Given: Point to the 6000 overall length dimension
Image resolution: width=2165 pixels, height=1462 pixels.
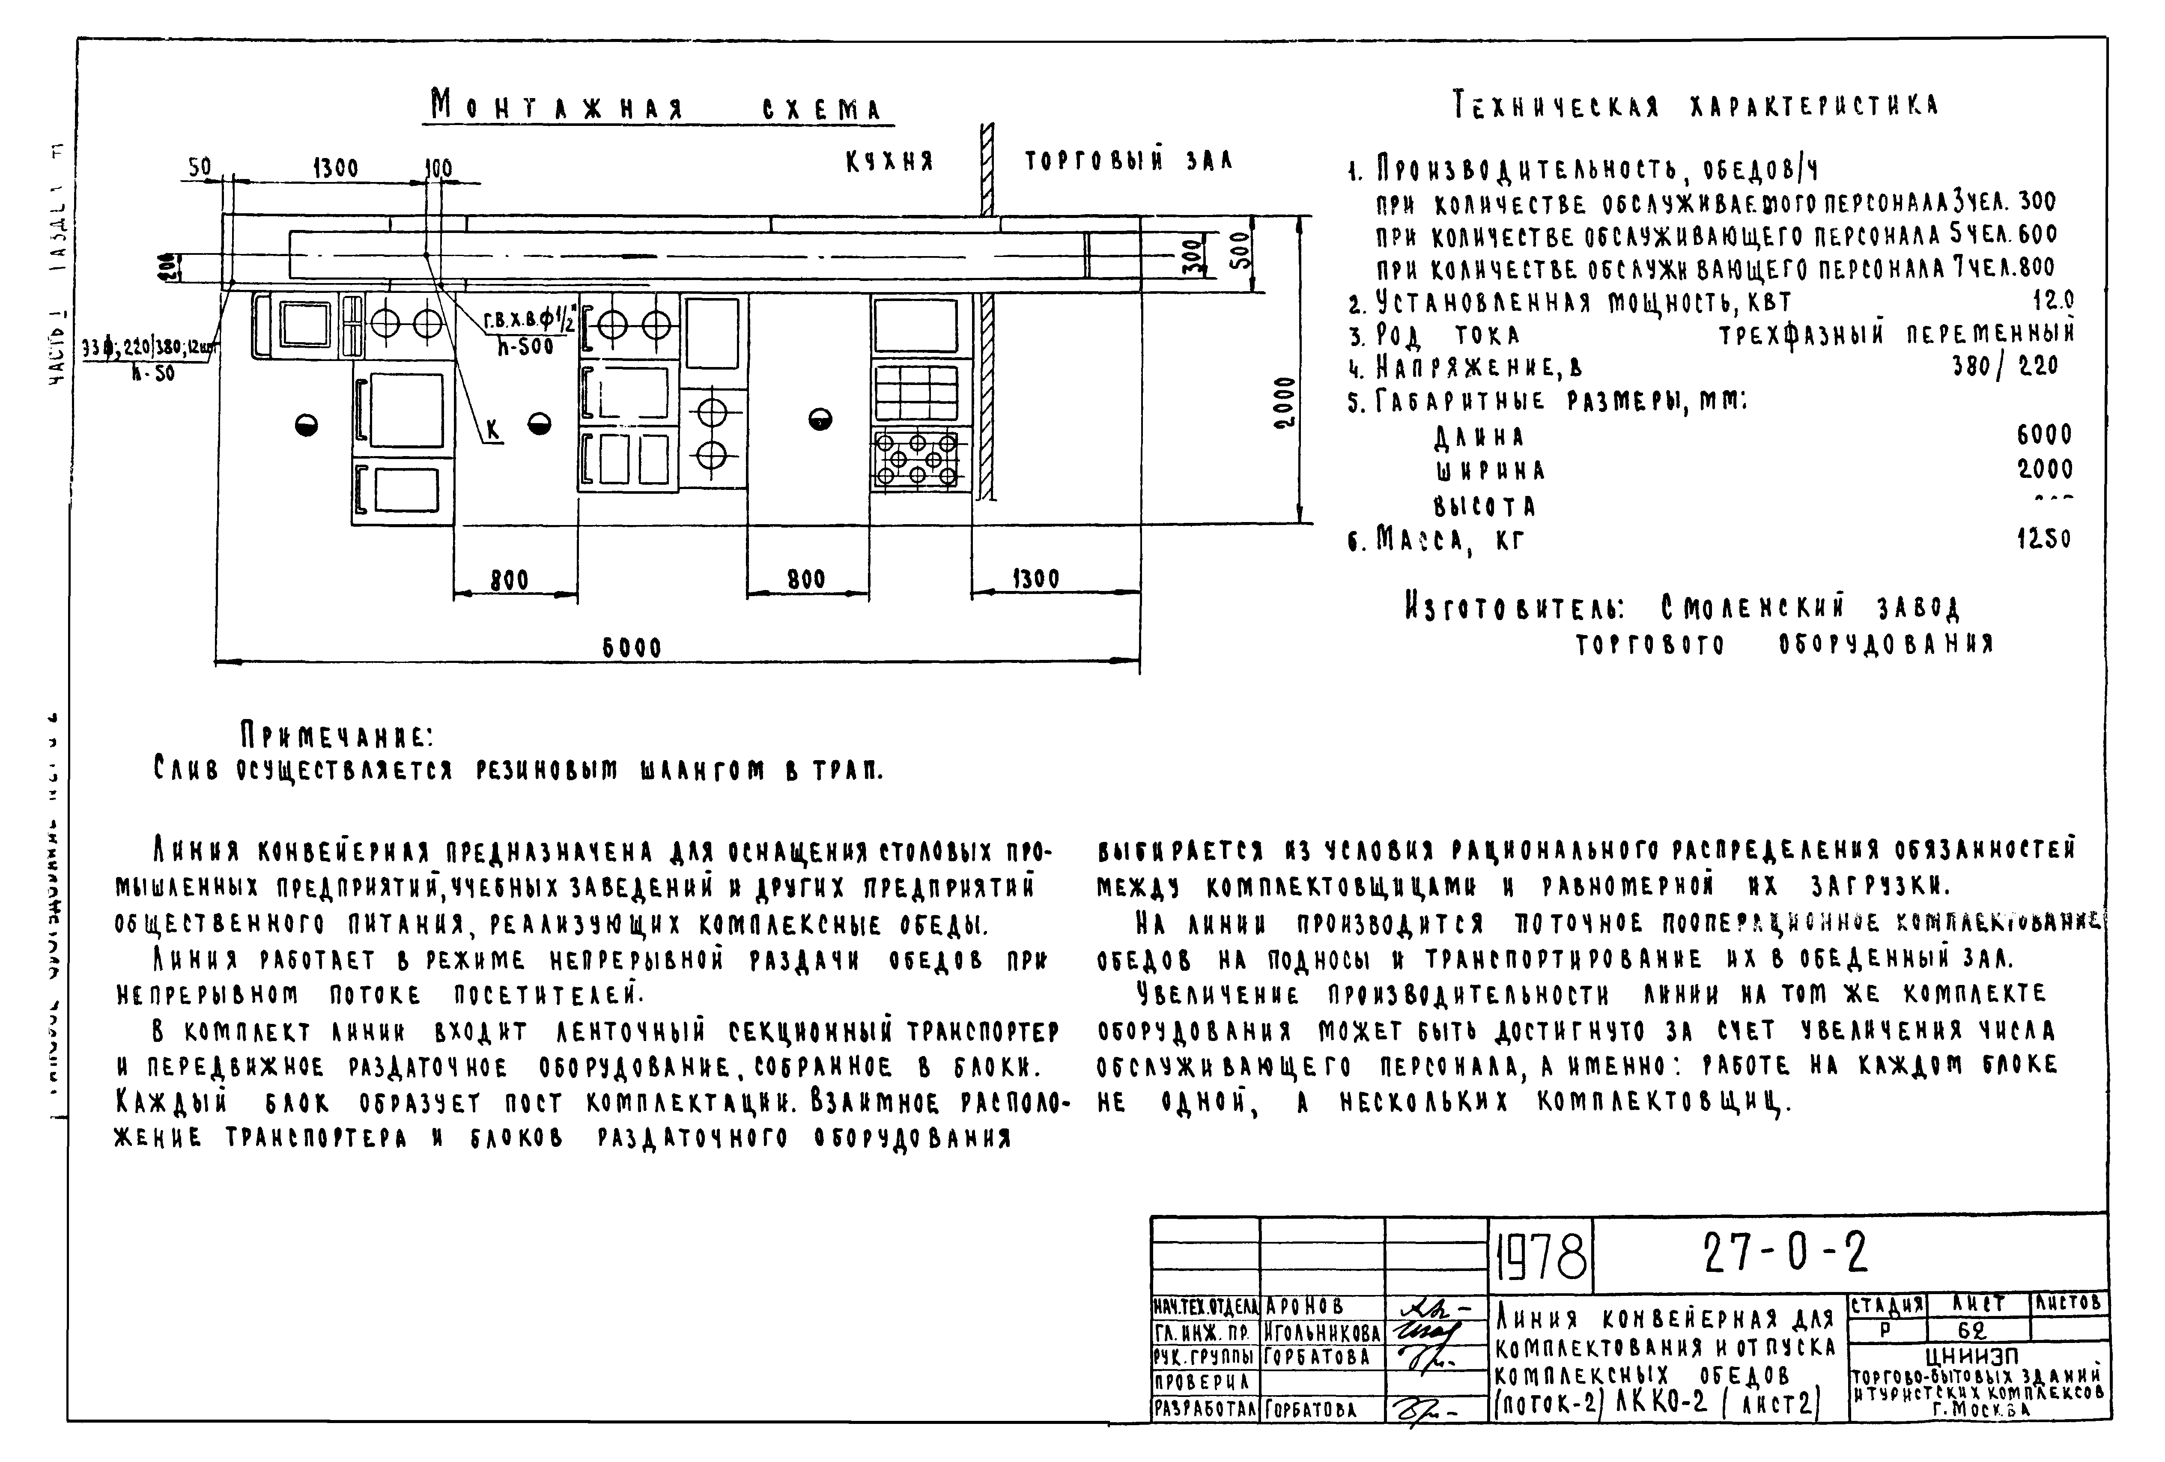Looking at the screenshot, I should pyautogui.click(x=632, y=647).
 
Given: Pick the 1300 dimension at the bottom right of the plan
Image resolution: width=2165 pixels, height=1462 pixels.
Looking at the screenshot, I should pyautogui.click(x=1036, y=579).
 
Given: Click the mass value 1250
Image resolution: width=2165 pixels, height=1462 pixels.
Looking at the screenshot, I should pyautogui.click(x=2044, y=539).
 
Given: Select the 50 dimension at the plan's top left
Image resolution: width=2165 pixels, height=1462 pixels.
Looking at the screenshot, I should pyautogui.click(x=200, y=168).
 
